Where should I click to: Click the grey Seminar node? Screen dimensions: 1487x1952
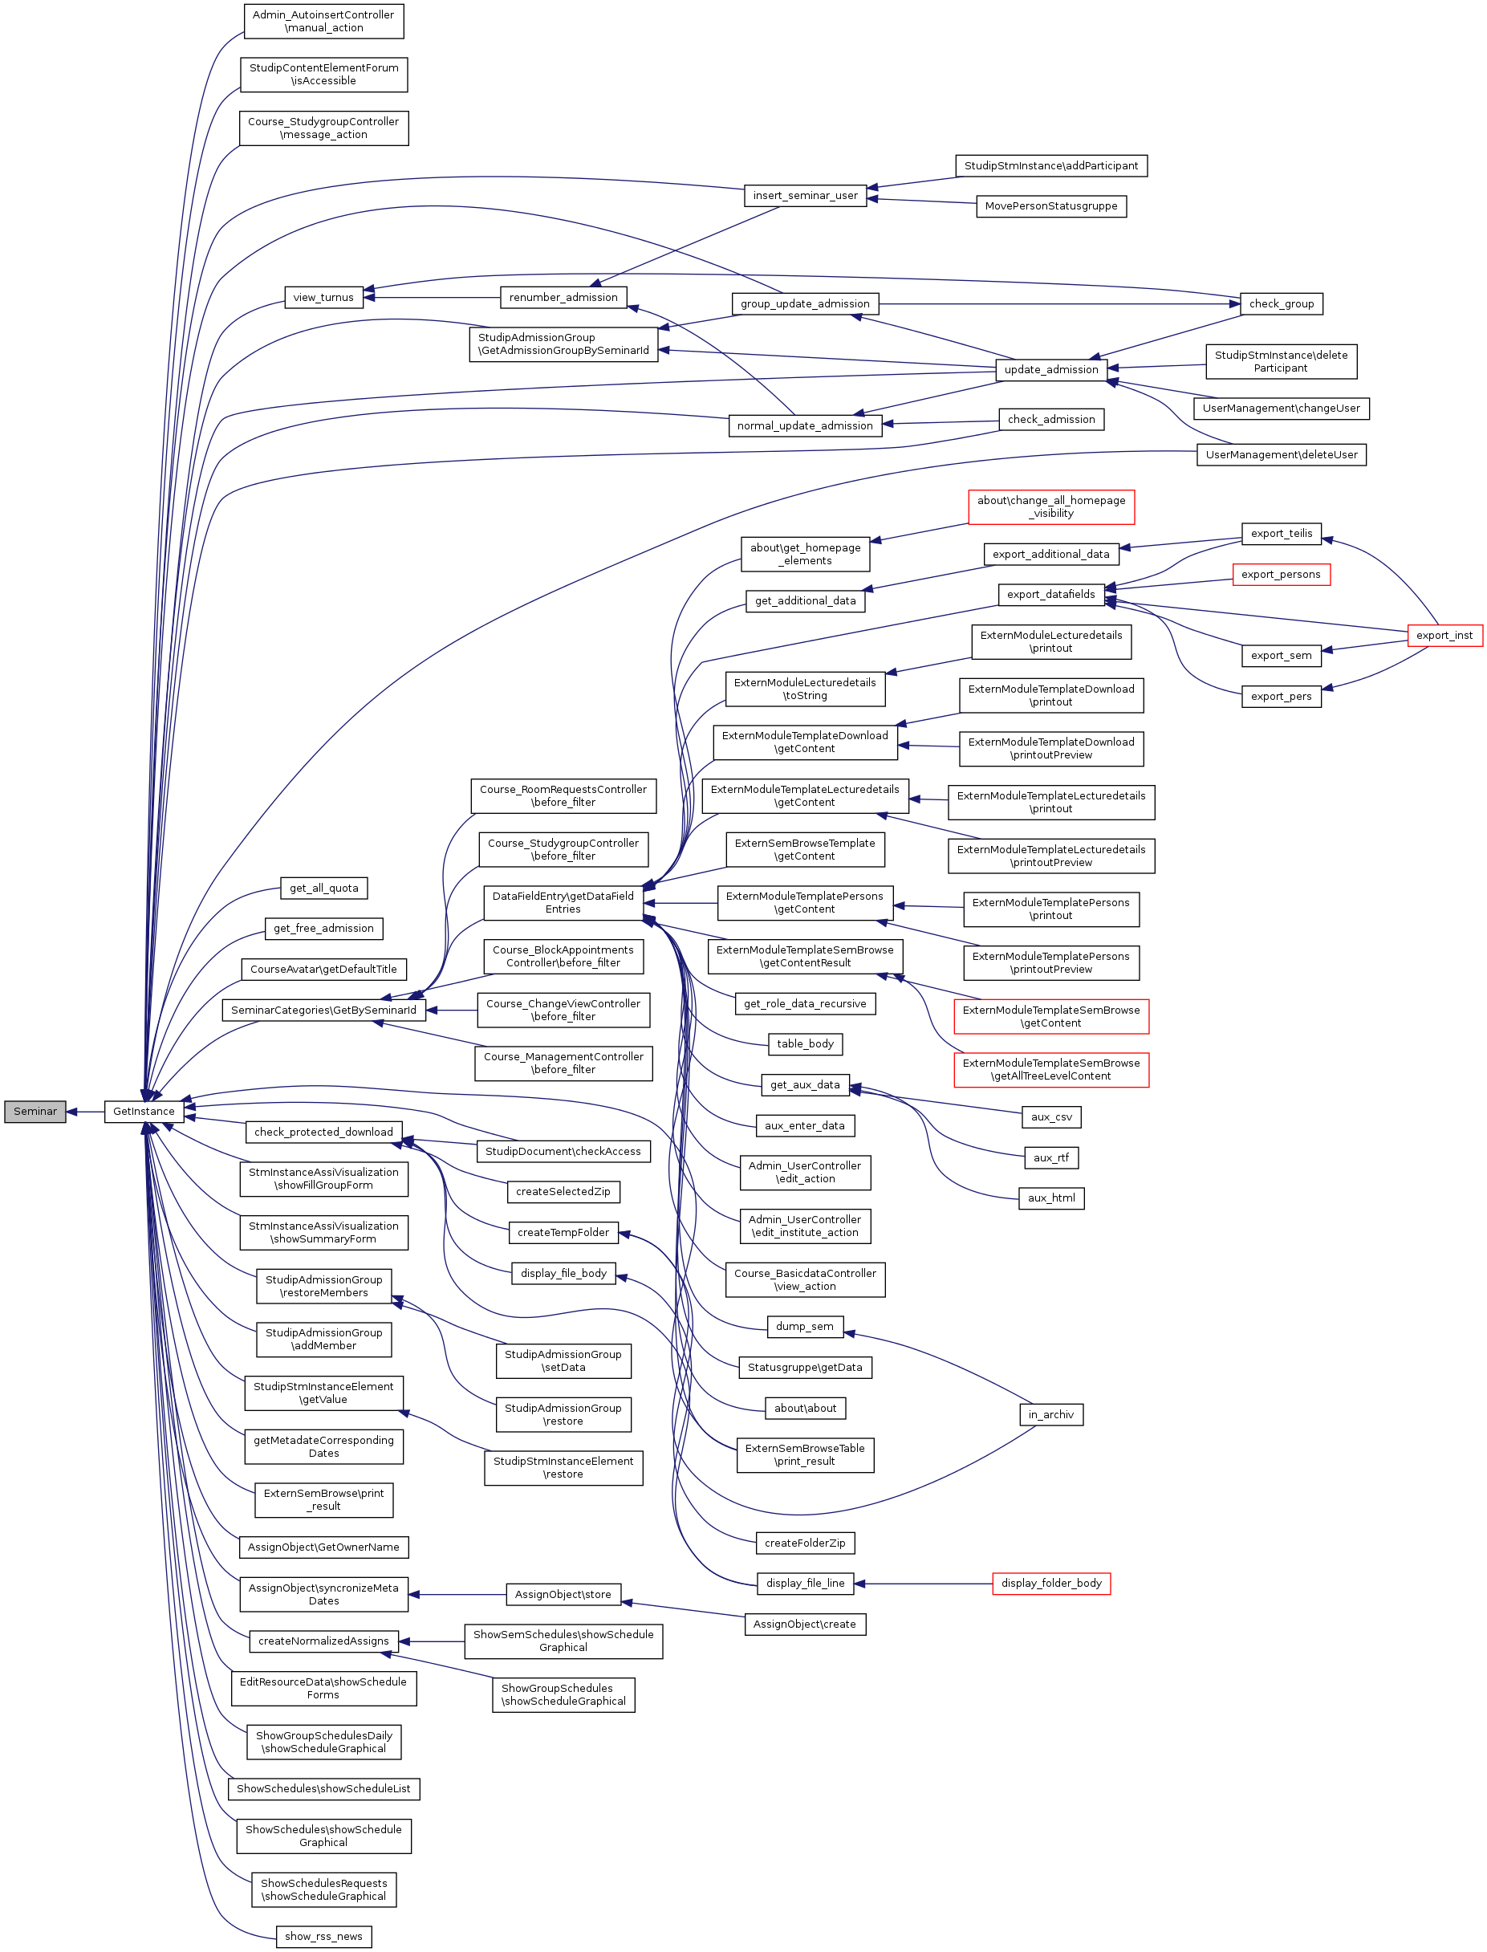click(x=35, y=1111)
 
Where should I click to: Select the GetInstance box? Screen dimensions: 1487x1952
click(x=144, y=1111)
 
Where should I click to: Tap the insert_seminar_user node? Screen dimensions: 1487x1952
click(x=805, y=196)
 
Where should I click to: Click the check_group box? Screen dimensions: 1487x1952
click(x=1281, y=303)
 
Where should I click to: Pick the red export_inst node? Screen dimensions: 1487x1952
click(x=1444, y=635)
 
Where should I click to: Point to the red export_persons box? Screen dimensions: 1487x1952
click(x=1281, y=575)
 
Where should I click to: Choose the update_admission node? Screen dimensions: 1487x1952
click(x=1050, y=369)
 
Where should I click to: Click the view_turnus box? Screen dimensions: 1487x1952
click(x=323, y=298)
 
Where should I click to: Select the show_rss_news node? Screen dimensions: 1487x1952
click(x=323, y=1936)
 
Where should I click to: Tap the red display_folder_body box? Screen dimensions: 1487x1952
click(x=1050, y=1583)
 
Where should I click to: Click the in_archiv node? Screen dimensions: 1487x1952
click(x=1050, y=1415)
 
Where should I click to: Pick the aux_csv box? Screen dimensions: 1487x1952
click(x=1050, y=1117)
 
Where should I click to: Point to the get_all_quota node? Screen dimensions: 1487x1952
click(x=323, y=888)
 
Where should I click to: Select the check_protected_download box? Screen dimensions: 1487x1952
click(x=323, y=1132)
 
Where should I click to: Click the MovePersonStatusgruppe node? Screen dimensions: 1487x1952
click(x=1050, y=206)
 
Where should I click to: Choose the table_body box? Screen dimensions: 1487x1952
click(x=805, y=1043)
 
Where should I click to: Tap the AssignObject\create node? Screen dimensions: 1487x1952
click(x=805, y=1625)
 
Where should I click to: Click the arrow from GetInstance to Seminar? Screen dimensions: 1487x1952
click(x=86, y=1111)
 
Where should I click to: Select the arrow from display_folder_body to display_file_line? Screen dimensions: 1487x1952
click(x=923, y=1583)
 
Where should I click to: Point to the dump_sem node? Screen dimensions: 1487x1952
click(x=805, y=1326)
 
